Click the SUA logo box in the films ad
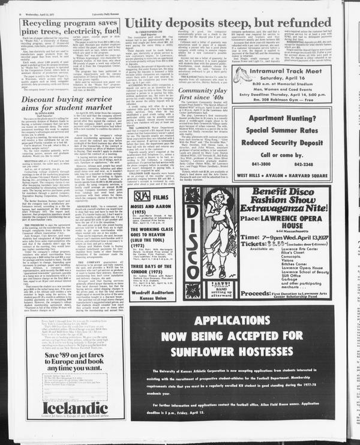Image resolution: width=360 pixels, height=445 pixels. point(142,195)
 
